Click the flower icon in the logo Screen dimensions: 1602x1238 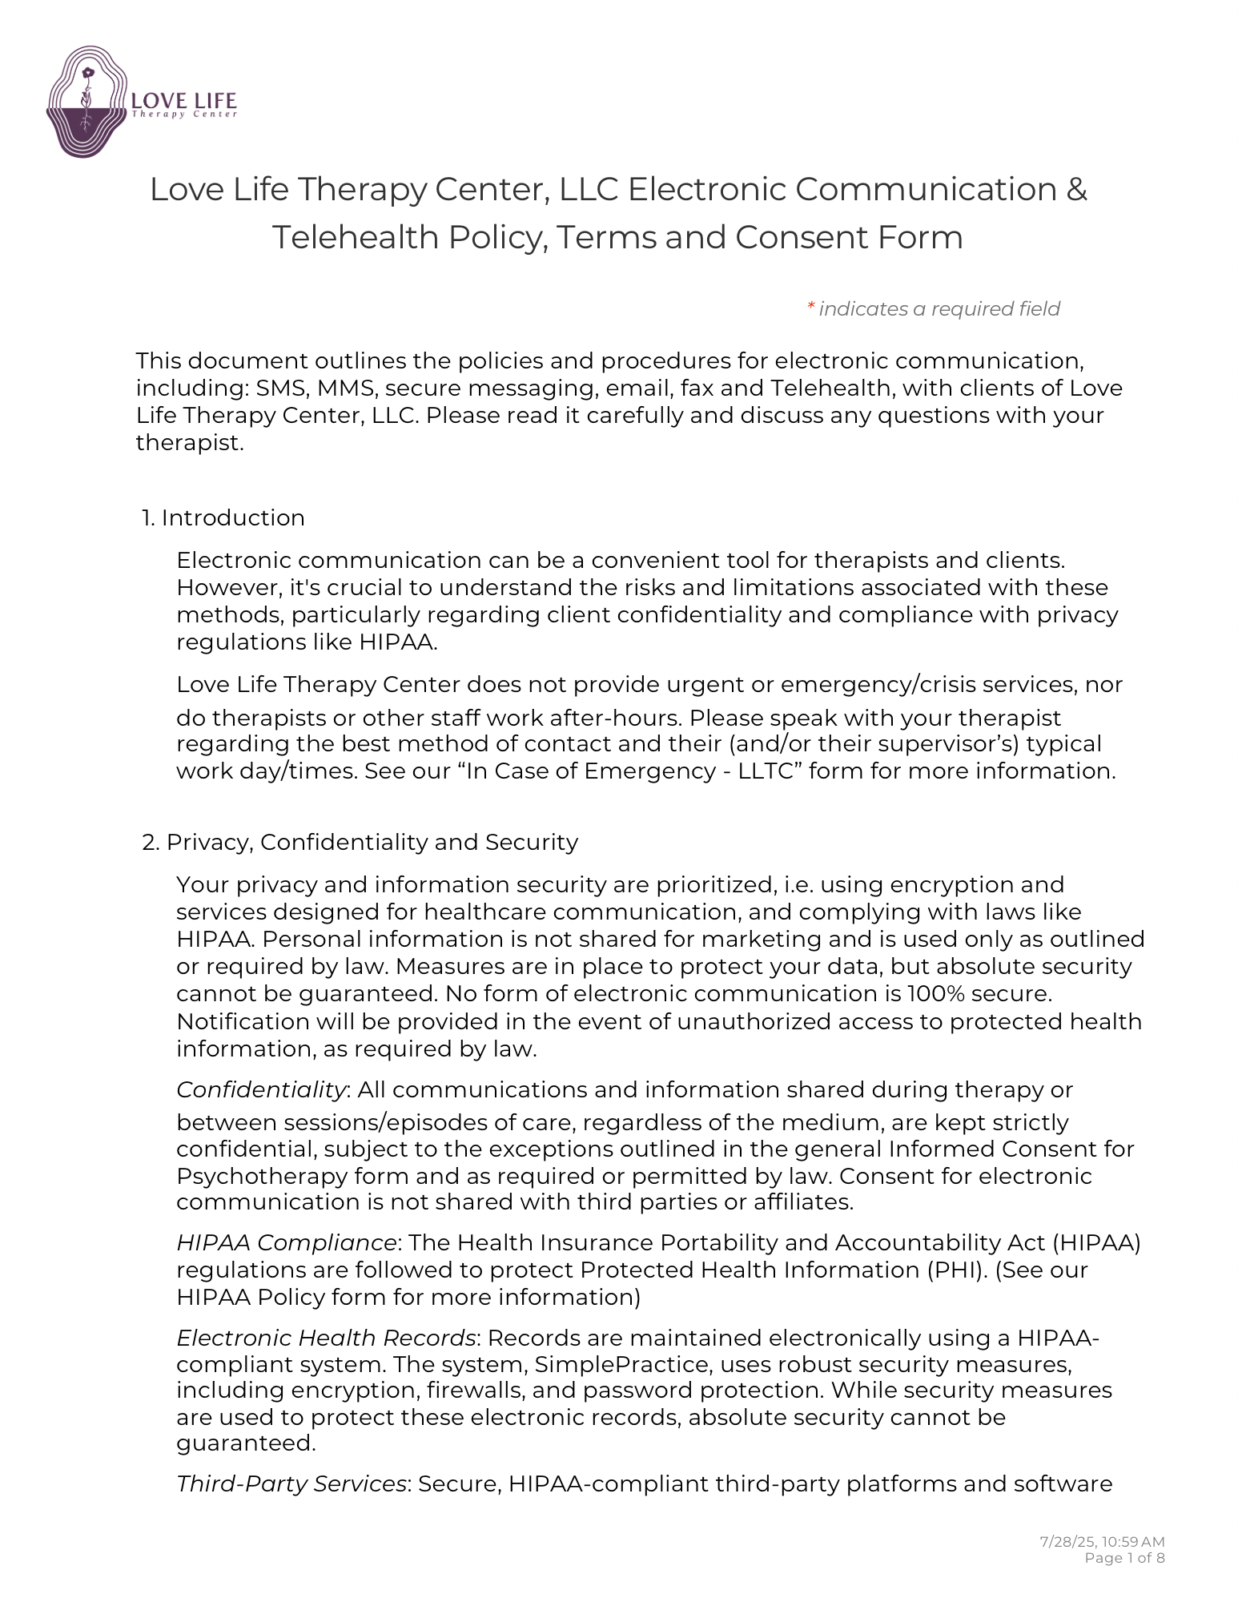[x=88, y=74]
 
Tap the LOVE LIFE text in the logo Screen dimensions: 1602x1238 [x=183, y=101]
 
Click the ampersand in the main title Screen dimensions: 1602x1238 [x=1076, y=190]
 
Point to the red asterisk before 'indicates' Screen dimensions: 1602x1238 [x=810, y=308]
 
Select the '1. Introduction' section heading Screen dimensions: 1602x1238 [x=223, y=518]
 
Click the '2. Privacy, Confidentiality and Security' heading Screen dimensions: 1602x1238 [x=360, y=843]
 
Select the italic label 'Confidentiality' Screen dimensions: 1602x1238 [x=261, y=1090]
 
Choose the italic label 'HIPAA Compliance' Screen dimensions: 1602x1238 [x=287, y=1243]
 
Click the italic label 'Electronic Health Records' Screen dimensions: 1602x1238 [x=326, y=1338]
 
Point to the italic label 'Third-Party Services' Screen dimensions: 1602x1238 [x=291, y=1484]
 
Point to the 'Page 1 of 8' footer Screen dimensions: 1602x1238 [x=1123, y=1558]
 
